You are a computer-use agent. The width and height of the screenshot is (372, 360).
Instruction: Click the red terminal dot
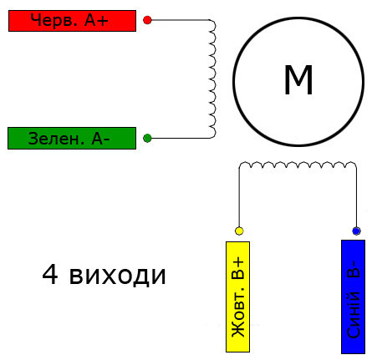coord(147,20)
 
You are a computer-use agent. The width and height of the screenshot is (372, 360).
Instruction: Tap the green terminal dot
coord(147,138)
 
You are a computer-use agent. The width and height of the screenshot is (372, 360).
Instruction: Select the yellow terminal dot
coord(239,231)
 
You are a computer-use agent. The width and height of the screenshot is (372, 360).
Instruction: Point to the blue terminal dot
coord(356,231)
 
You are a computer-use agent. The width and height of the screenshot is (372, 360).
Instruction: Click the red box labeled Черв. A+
coord(72,21)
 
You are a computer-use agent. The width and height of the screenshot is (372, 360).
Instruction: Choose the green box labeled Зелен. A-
coord(72,139)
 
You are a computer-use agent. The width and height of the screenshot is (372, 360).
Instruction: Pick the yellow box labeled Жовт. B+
coord(237,297)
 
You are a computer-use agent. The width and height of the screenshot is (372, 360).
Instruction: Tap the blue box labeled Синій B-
coord(353,297)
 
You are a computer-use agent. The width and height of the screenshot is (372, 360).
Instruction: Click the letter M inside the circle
coord(298,80)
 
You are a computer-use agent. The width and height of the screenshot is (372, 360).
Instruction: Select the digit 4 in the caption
coord(50,275)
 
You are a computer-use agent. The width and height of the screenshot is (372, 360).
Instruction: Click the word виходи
coord(117,276)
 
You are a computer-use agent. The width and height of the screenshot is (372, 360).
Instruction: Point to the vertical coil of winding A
coord(212,79)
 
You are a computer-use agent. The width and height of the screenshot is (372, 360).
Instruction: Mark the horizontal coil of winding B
coord(298,165)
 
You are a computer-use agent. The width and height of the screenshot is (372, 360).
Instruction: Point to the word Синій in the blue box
coord(353,315)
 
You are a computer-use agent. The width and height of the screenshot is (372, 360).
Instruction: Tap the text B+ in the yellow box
coord(237,268)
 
